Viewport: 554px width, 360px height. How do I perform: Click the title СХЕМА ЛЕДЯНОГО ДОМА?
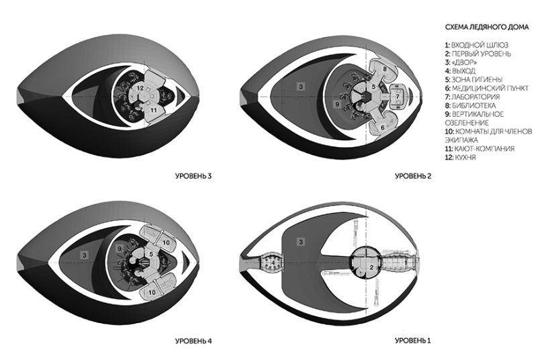(486, 28)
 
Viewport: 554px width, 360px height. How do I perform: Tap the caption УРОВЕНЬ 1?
(413, 341)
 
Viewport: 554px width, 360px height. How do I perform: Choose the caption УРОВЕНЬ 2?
(413, 177)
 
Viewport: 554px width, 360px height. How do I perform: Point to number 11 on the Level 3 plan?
(153, 109)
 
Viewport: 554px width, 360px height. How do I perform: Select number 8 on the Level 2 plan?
(384, 69)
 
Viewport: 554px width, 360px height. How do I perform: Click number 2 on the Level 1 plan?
(367, 267)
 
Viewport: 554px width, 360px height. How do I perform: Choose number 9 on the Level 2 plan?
(336, 105)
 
